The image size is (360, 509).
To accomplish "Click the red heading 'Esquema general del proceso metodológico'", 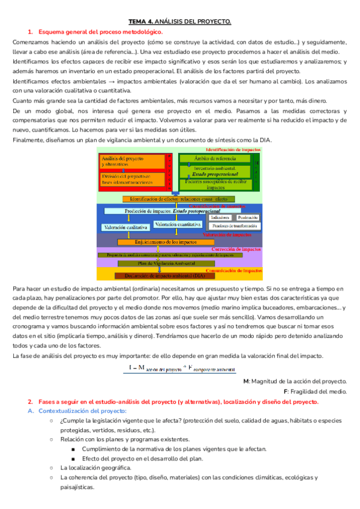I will pos(100,32).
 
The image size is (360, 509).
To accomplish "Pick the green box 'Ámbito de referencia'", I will pos(214,158).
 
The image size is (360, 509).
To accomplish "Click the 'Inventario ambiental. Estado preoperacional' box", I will pos(214,171).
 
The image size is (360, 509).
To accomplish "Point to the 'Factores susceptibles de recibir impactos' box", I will pos(214,184).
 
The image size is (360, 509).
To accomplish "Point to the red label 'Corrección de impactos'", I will pos(236,248).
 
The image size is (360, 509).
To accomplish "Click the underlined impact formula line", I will pos(179,369).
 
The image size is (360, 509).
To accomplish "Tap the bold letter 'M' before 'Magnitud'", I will pos(246,381).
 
